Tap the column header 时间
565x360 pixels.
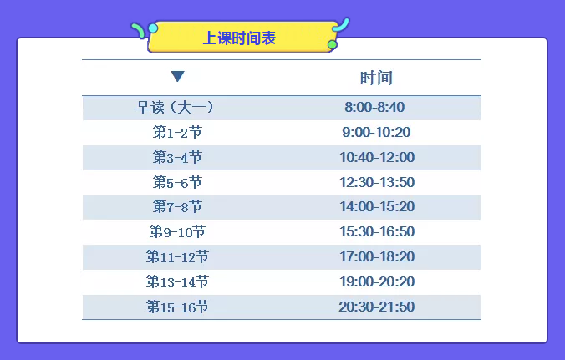click(376, 78)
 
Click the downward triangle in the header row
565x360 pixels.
click(177, 77)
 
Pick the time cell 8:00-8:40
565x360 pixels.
click(374, 108)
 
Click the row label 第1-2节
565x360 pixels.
click(177, 133)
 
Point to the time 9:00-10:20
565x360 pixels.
click(376, 133)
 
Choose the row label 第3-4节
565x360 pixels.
click(177, 158)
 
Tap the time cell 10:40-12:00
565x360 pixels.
click(377, 158)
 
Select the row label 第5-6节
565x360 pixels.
click(177, 182)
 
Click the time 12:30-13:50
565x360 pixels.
click(377, 182)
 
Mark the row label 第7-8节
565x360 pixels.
click(177, 207)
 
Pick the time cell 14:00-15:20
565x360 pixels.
click(377, 207)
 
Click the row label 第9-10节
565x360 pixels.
click(177, 232)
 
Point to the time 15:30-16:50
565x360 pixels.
click(377, 232)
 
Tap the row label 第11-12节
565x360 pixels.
click(177, 257)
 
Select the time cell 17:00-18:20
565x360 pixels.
click(377, 257)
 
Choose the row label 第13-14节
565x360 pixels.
click(177, 282)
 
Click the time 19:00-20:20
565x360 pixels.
click(377, 282)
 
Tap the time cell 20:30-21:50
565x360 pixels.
click(377, 307)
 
